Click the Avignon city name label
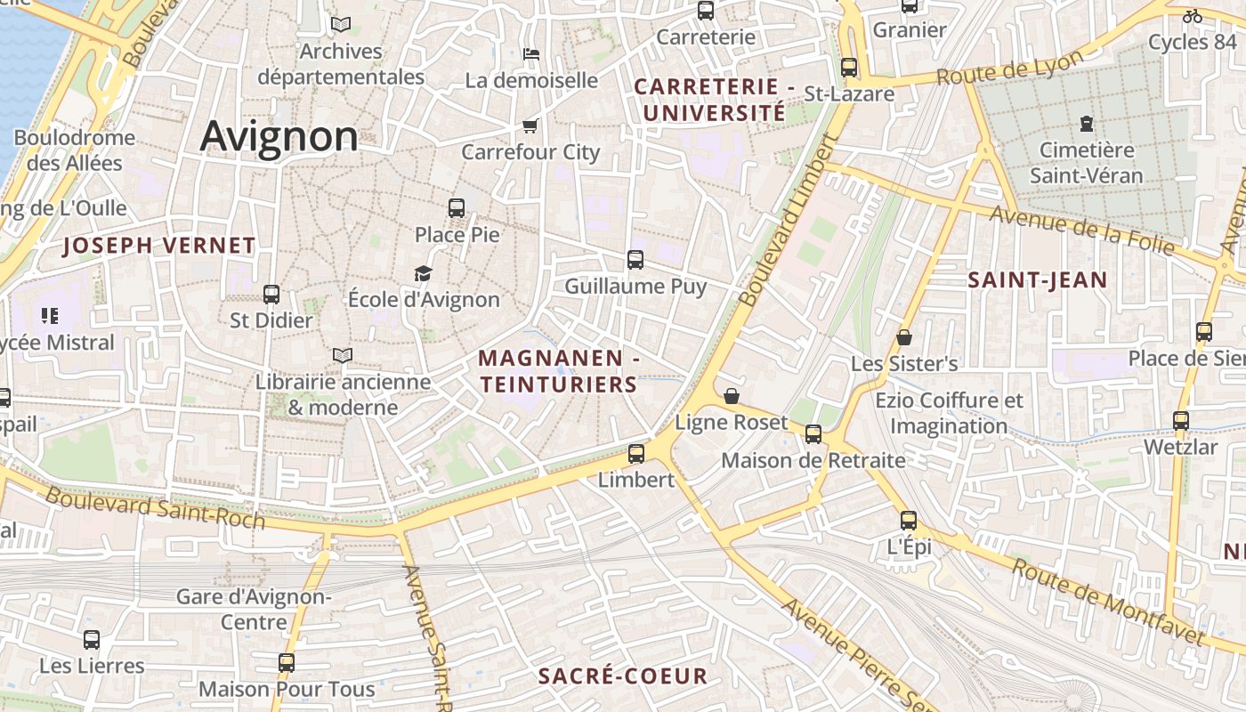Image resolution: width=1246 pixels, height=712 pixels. point(279,136)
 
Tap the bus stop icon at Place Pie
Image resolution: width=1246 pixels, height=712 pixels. point(457,208)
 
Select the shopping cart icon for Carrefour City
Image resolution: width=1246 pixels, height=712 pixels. point(530,125)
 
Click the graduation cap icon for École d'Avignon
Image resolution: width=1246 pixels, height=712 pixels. point(423,273)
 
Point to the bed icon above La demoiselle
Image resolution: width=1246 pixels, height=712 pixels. point(531,54)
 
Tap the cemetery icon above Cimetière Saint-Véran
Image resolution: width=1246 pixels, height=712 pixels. point(1086,124)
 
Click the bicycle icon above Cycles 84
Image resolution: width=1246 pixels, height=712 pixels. point(1192,16)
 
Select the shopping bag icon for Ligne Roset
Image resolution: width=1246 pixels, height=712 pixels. point(732,396)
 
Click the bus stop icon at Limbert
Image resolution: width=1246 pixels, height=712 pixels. point(635,454)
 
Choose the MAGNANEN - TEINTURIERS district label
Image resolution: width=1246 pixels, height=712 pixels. point(559,371)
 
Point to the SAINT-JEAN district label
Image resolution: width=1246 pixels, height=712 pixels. point(1037,280)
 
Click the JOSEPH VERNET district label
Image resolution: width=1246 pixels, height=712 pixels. point(159,246)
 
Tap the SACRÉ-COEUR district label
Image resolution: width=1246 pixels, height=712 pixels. point(623,676)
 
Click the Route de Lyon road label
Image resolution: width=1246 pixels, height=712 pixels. point(1010,67)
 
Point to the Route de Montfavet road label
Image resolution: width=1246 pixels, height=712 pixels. point(1108,603)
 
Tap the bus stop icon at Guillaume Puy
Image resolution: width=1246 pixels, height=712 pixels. point(635,260)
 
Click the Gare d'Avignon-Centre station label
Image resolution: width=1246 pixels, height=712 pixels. point(254,609)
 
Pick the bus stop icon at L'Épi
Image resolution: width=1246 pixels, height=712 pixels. point(908,521)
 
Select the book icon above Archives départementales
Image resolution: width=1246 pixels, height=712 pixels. point(341,24)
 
